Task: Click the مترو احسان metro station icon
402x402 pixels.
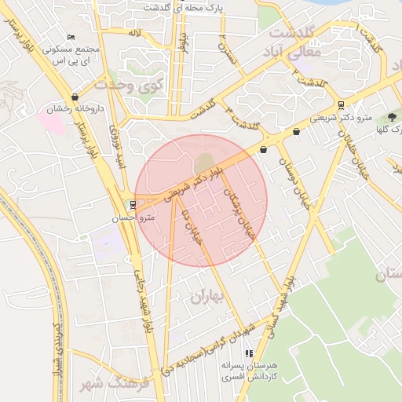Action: (131, 205)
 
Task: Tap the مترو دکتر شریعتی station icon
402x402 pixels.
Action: (340, 104)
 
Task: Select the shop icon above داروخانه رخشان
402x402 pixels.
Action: (75, 96)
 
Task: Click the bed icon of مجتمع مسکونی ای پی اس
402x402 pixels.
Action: (72, 37)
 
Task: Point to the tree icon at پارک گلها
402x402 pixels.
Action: (392, 117)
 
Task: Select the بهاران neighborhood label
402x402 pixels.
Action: (206, 296)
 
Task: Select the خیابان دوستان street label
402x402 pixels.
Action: (294, 185)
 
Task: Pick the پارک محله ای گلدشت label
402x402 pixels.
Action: (204, 6)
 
